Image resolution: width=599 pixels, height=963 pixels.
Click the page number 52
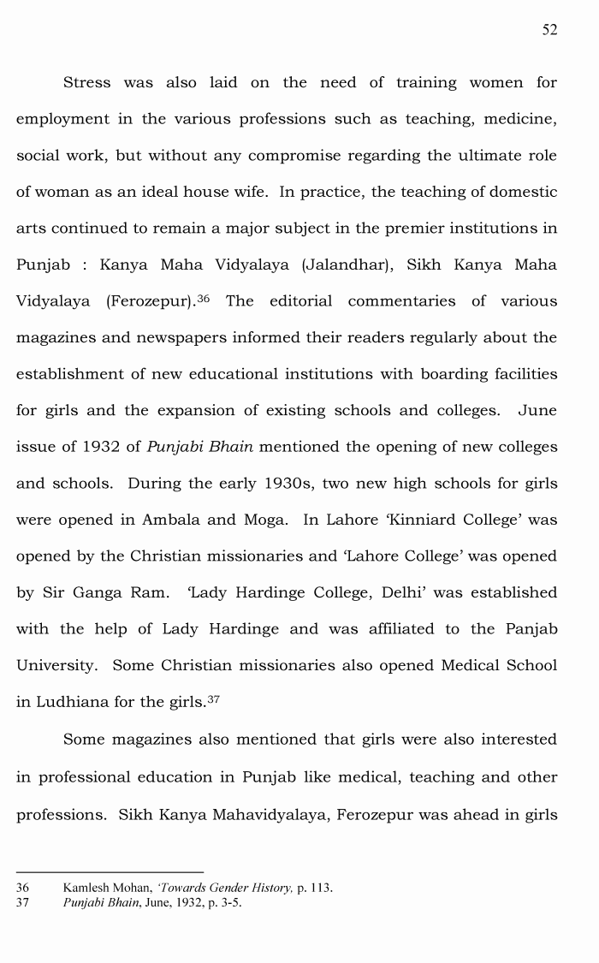549,30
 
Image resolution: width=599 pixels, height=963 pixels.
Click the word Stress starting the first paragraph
86,83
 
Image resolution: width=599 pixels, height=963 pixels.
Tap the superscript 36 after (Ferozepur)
204,298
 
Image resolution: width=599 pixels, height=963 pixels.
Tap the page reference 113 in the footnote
321,888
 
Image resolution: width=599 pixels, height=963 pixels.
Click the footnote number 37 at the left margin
22,901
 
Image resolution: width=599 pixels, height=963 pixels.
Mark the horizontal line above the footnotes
110,872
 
